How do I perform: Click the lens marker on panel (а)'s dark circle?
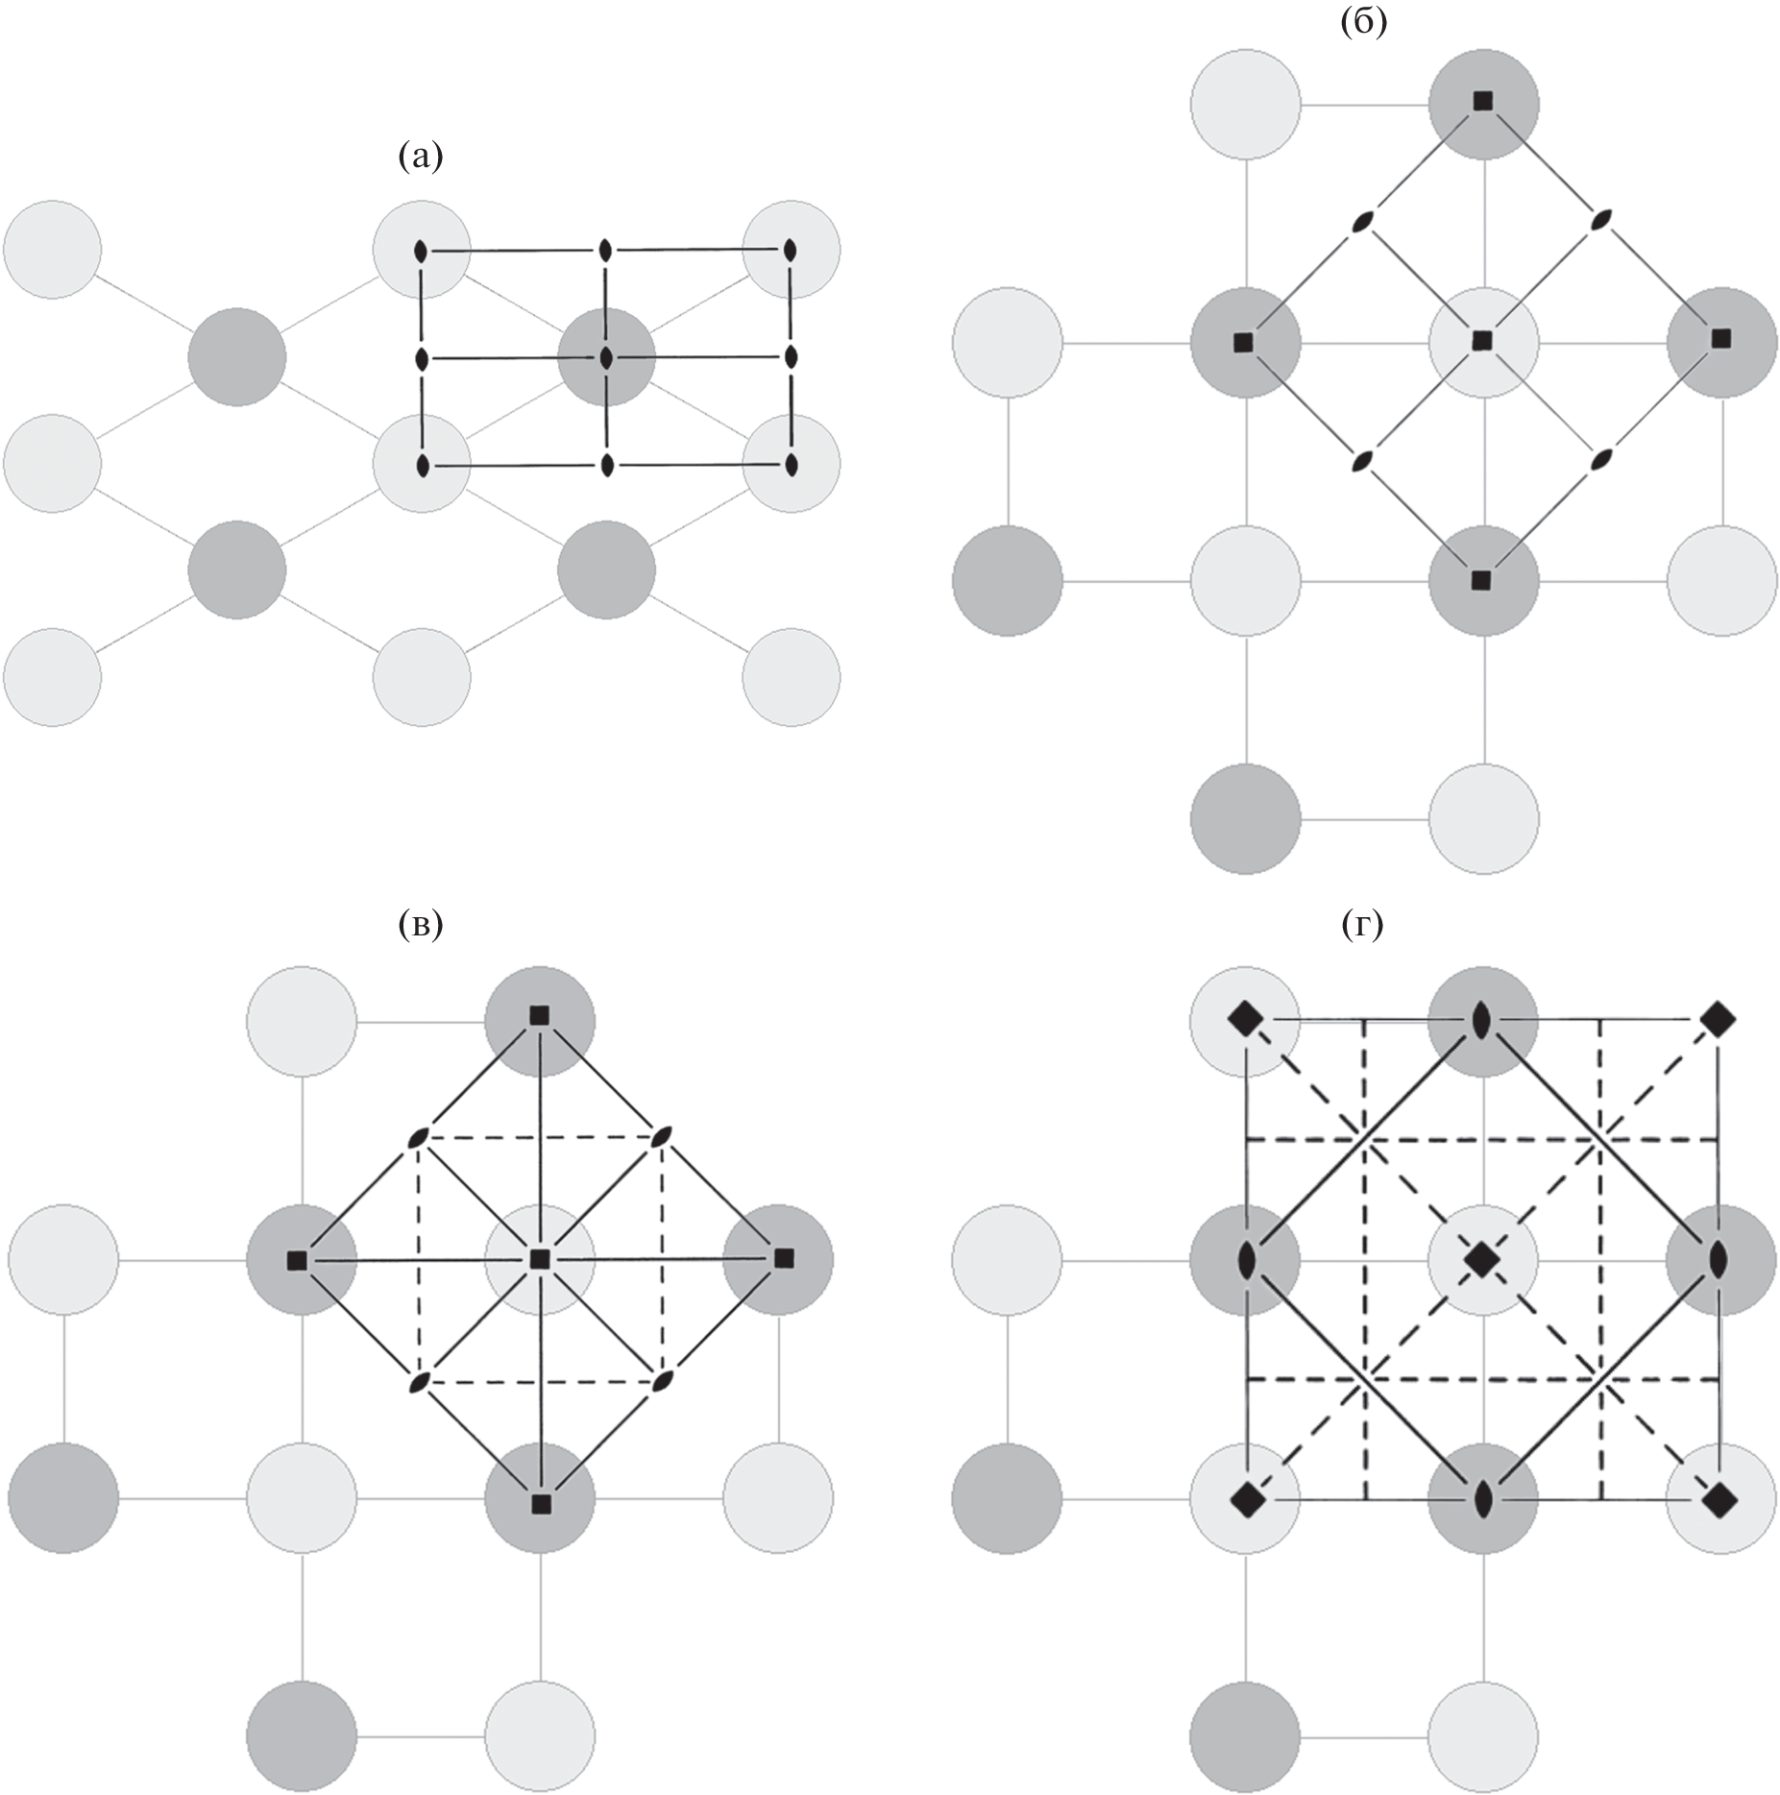click(x=606, y=358)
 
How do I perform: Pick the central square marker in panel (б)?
click(x=1482, y=339)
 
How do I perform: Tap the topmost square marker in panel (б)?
click(x=1483, y=101)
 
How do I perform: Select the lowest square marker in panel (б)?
click(x=1481, y=579)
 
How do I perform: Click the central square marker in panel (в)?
click(x=540, y=1258)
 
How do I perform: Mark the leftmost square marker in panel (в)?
click(x=297, y=1259)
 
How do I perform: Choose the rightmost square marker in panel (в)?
click(x=784, y=1256)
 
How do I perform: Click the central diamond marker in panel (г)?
click(x=1481, y=1258)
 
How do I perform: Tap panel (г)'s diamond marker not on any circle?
click(x=1717, y=1018)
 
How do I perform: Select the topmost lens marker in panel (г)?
click(x=1482, y=1018)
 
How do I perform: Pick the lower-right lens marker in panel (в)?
click(x=661, y=1381)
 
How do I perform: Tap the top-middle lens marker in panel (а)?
click(x=605, y=251)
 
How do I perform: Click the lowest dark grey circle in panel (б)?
click(x=1245, y=819)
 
